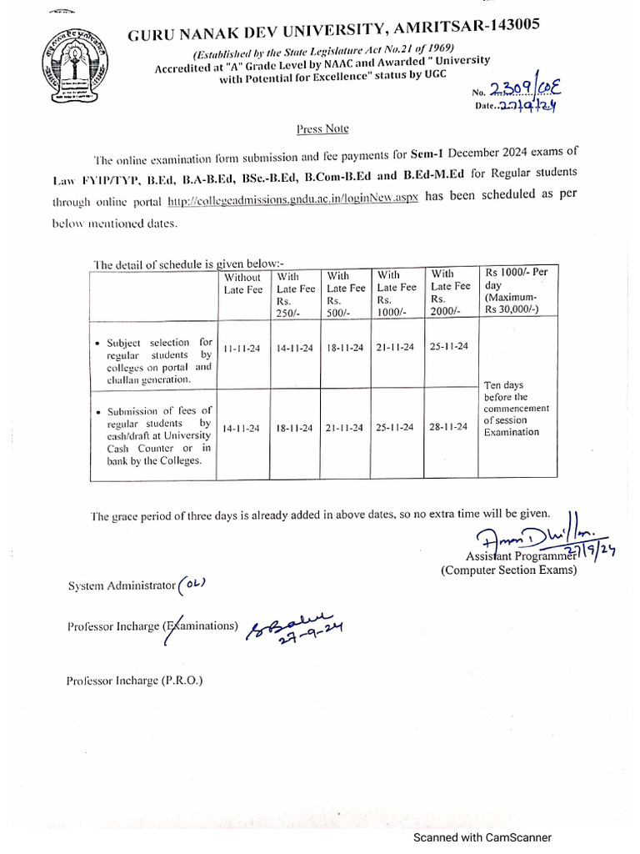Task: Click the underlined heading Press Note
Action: [x=322, y=128]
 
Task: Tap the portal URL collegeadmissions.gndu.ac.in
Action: [x=292, y=201]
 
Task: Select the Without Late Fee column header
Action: [x=242, y=284]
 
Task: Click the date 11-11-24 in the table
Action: [x=242, y=348]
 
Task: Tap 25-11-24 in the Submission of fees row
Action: [x=397, y=428]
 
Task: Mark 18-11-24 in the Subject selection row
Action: [x=345, y=348]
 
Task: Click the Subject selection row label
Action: [x=153, y=360]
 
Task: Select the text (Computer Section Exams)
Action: [x=508, y=570]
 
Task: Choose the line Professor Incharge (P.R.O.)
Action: [x=135, y=681]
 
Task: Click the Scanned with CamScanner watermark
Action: [x=478, y=837]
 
